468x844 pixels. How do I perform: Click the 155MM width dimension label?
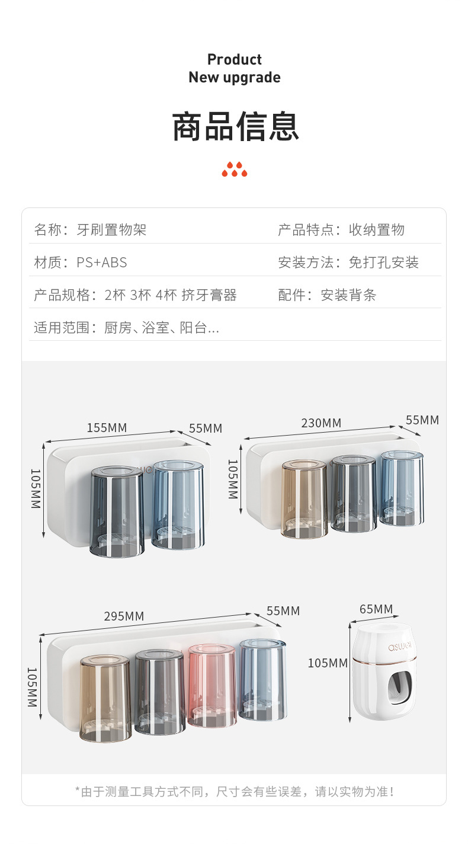coord(107,427)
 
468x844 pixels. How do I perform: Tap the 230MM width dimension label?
coord(321,423)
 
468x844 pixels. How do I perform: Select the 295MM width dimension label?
coord(124,616)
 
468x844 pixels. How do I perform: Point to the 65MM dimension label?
coord(376,609)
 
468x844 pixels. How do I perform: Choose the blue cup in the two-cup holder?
coord(178,504)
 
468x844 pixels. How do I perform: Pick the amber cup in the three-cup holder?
coord(304,499)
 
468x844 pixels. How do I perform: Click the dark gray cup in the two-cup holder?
coord(117,511)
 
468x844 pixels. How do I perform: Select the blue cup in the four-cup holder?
coord(262,680)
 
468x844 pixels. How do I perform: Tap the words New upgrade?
coord(235,78)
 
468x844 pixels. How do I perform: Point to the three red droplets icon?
coord(235,170)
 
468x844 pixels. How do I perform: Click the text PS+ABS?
coord(102,263)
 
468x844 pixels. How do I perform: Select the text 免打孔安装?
coord(383,263)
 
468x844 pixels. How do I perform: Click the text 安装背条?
coord(348,295)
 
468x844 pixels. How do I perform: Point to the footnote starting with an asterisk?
coord(235,791)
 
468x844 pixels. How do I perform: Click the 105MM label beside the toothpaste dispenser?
coord(328,663)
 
